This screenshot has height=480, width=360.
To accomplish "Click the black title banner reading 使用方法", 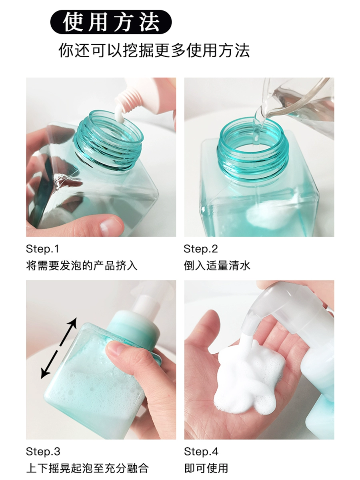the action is tap(111, 22).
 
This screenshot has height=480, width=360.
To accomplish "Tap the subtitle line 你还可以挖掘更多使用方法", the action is tap(154, 50).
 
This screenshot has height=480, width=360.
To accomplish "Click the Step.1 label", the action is tap(42, 249).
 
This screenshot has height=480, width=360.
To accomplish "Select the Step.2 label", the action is tap(201, 249).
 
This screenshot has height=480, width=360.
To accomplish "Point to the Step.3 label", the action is tap(43, 451).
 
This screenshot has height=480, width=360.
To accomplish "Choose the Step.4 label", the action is tap(201, 451).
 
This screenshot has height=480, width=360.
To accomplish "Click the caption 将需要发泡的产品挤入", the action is tap(82, 266).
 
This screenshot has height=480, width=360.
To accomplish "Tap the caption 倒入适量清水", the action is tap(217, 266).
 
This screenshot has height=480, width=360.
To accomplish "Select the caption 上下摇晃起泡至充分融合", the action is tap(88, 468).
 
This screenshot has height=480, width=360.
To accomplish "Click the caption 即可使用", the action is tap(206, 468).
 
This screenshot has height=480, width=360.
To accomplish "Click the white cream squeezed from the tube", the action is tap(119, 113).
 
